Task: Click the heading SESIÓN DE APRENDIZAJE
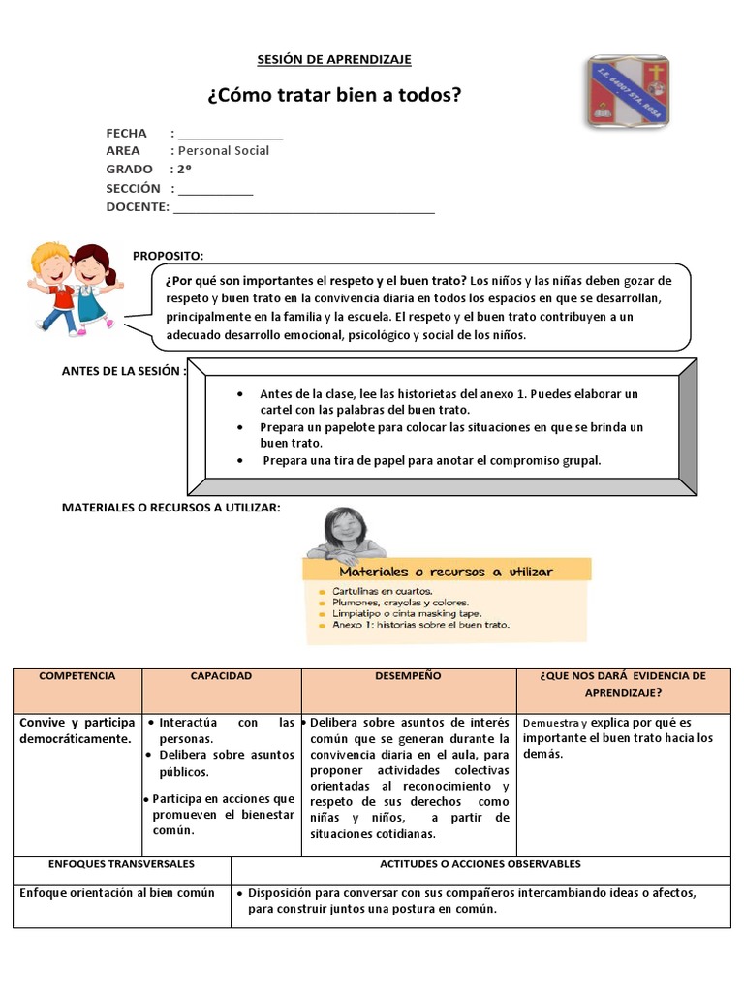pyautogui.click(x=334, y=60)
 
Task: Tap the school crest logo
pyautogui.click(x=627, y=92)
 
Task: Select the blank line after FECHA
pyautogui.click(x=231, y=135)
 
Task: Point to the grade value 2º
pyautogui.click(x=184, y=170)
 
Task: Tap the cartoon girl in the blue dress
pyautogui.click(x=93, y=286)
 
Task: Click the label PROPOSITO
pyautogui.click(x=169, y=256)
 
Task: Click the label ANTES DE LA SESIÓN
pyautogui.click(x=123, y=371)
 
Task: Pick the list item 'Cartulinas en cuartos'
pyautogui.click(x=383, y=591)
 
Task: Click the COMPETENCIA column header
pyautogui.click(x=77, y=676)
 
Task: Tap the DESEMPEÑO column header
pyautogui.click(x=408, y=676)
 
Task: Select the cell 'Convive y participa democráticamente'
pyautogui.click(x=77, y=731)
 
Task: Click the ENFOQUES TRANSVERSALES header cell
pyautogui.click(x=122, y=864)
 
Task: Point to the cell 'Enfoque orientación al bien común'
pyautogui.click(x=117, y=893)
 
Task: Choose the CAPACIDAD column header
pyautogui.click(x=221, y=676)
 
